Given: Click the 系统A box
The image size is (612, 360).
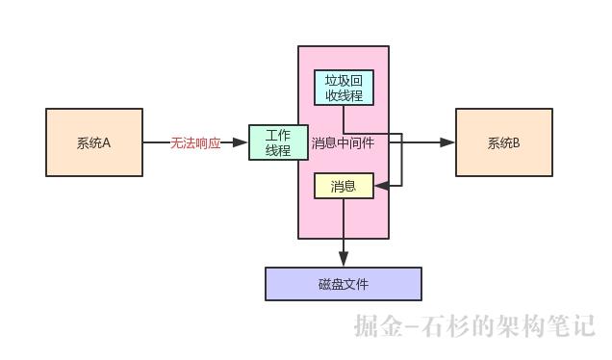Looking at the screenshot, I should (x=94, y=142).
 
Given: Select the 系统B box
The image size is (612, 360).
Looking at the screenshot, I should (x=503, y=142).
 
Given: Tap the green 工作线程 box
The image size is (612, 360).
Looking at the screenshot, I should (x=277, y=142).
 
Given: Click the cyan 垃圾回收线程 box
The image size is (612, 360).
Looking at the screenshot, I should (x=344, y=88).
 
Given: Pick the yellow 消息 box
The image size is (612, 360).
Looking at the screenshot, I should (x=344, y=186).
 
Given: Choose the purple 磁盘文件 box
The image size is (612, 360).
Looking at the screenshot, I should (x=344, y=284).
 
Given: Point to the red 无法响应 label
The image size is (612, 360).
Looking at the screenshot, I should (x=195, y=142).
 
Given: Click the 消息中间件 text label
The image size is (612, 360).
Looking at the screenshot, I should (x=343, y=142).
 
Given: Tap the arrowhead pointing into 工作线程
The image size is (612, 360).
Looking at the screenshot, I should (x=242, y=142).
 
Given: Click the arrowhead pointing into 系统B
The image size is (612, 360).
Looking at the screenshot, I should (x=447, y=142).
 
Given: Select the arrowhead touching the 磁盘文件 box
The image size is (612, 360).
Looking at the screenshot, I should (x=344, y=260).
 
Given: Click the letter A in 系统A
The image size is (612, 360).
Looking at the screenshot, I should (x=106, y=142).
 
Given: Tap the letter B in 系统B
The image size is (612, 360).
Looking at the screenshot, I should (x=516, y=142).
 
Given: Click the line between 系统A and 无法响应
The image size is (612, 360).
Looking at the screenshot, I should (x=156, y=142).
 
